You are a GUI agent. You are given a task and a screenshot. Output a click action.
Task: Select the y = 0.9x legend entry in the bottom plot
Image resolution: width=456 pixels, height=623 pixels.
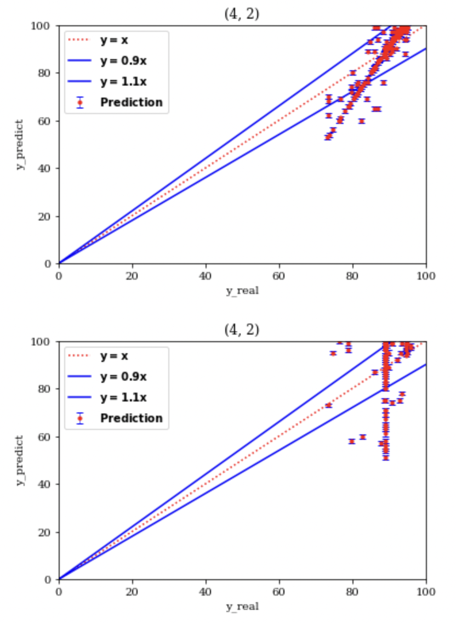click(123, 377)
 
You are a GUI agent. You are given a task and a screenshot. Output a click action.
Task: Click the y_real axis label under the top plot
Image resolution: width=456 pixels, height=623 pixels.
click(242, 291)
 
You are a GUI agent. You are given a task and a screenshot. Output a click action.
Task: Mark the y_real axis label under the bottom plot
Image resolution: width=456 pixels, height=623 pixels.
click(242, 607)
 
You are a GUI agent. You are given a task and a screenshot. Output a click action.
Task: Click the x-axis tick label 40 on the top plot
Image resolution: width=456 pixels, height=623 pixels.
click(206, 276)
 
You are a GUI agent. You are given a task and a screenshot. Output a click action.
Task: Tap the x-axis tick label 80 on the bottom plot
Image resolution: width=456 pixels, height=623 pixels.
click(352, 592)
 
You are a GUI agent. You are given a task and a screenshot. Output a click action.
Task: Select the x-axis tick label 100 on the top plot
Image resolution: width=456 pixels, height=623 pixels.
click(426, 276)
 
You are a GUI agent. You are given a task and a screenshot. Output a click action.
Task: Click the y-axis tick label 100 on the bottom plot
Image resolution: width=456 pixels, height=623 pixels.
click(44, 342)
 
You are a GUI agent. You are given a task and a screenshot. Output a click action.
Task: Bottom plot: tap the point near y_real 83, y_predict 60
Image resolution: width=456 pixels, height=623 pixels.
click(363, 437)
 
